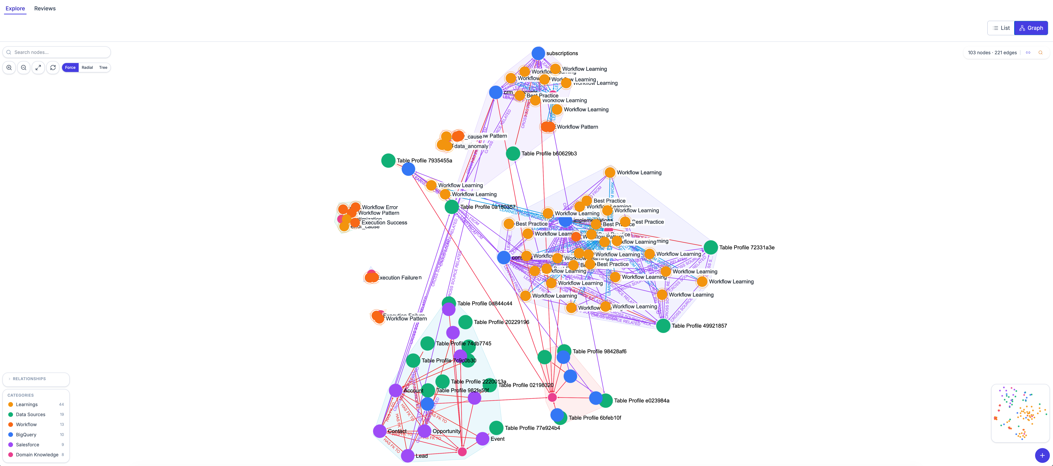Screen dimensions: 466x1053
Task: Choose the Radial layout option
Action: (x=87, y=67)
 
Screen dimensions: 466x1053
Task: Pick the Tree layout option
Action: (x=103, y=67)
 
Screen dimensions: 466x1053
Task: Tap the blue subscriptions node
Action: (x=538, y=53)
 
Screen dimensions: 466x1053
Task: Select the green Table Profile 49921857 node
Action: (x=663, y=326)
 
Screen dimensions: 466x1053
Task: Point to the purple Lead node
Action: (x=408, y=455)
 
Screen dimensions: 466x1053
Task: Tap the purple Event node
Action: (x=482, y=439)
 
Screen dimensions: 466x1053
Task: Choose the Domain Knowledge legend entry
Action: (x=37, y=455)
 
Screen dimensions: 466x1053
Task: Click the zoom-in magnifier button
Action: (x=9, y=67)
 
